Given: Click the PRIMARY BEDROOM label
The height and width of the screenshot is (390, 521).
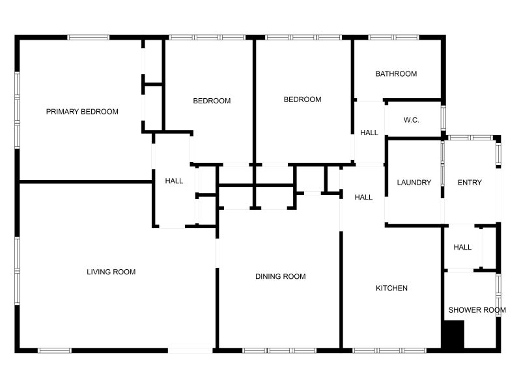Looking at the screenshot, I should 82,112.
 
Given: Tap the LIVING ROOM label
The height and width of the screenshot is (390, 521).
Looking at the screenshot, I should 111,272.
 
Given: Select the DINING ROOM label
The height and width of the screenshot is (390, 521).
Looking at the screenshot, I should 280,277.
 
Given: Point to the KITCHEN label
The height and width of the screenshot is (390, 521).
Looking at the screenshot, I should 391,288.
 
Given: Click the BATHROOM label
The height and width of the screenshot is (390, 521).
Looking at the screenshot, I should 396,74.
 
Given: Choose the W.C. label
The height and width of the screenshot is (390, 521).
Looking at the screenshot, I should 411,120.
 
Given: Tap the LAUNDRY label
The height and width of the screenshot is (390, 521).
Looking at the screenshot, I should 414,183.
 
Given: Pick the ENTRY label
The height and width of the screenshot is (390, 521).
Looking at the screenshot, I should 470,183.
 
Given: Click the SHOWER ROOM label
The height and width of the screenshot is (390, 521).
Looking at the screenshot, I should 477,310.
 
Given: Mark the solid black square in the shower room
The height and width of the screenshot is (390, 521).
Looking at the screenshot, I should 453,335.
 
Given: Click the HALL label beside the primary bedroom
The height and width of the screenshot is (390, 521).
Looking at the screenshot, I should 174,181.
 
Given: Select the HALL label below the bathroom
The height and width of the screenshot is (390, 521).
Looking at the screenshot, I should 369,133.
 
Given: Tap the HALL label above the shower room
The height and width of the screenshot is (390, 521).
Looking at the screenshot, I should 462,248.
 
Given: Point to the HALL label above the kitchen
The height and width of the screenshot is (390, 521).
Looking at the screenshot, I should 363,198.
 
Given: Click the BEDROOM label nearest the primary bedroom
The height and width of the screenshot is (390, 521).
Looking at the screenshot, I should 212,101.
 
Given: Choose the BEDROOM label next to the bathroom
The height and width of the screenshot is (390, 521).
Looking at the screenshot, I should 303,99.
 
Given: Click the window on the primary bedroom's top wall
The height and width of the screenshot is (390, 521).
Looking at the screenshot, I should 89,37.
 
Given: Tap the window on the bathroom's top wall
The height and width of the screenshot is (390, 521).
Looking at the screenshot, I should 393,37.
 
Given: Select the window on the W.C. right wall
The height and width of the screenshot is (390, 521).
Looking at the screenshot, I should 444,118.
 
